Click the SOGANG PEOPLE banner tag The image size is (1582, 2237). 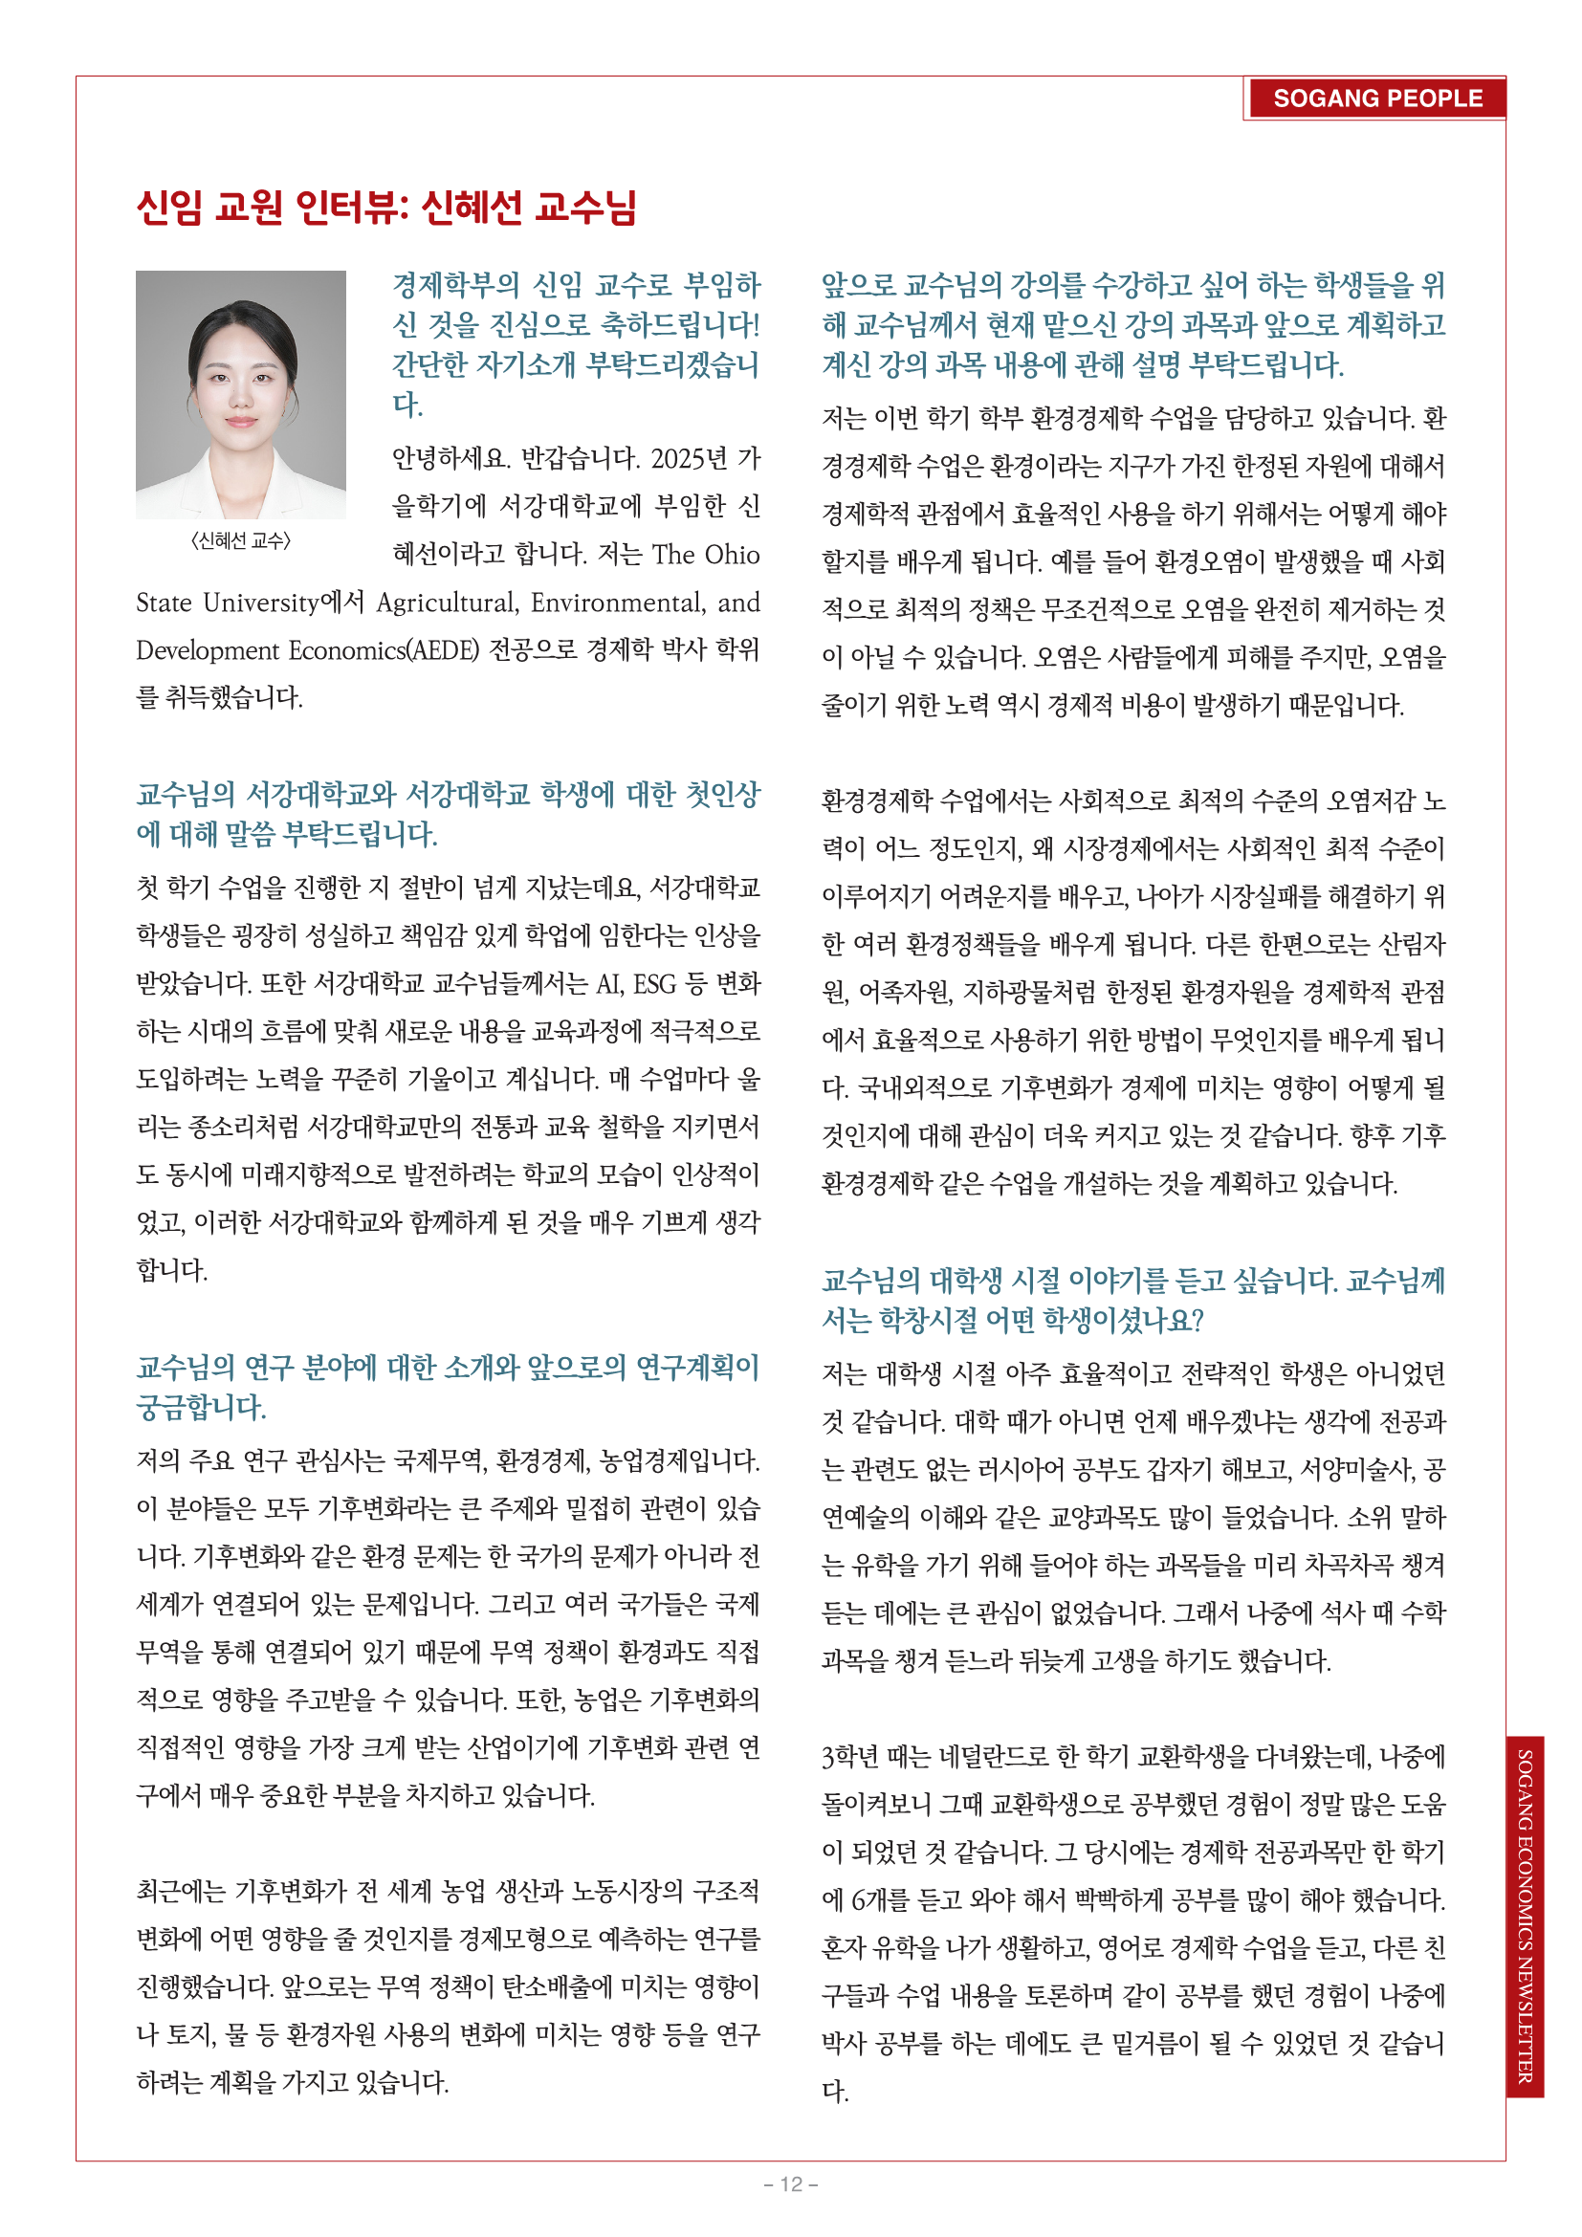click(x=1376, y=99)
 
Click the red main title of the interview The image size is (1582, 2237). click(x=385, y=207)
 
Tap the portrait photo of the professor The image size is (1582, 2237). click(x=241, y=394)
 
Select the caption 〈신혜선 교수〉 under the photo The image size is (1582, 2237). click(x=241, y=540)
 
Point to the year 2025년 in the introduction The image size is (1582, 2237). click(x=689, y=458)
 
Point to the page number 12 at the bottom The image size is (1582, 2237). click(x=790, y=2183)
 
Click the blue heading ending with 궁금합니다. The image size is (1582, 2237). click(x=447, y=1387)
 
